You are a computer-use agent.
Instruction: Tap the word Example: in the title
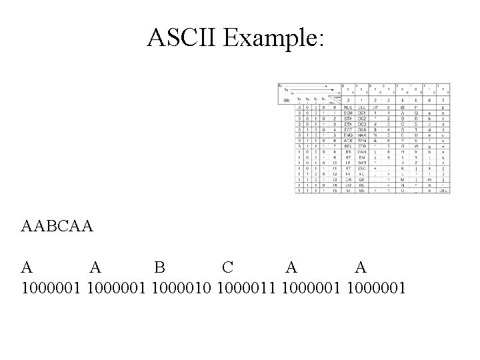[275, 39]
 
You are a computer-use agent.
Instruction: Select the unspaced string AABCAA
[57, 227]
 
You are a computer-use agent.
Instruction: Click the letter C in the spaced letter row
[227, 268]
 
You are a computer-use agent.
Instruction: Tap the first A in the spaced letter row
[27, 268]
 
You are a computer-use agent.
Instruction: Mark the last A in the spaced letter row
[361, 268]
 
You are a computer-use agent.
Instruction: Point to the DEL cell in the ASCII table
[444, 190]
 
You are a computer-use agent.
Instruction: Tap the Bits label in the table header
[287, 99]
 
